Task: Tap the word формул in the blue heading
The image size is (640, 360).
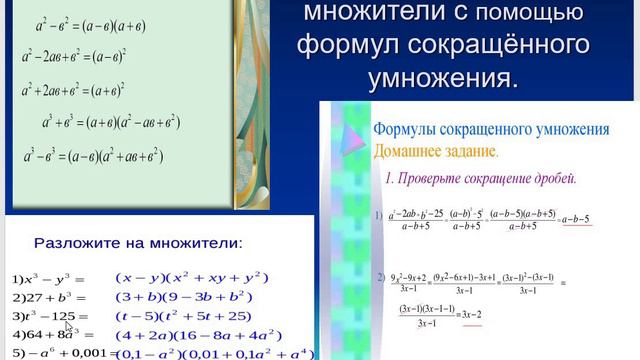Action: point(355,46)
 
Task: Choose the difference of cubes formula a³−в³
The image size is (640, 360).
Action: point(104,157)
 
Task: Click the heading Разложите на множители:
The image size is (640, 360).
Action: point(138,242)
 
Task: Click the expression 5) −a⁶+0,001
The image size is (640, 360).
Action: point(56,353)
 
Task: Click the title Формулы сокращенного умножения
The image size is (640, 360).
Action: point(490,130)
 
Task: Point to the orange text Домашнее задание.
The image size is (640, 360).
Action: point(434,151)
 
